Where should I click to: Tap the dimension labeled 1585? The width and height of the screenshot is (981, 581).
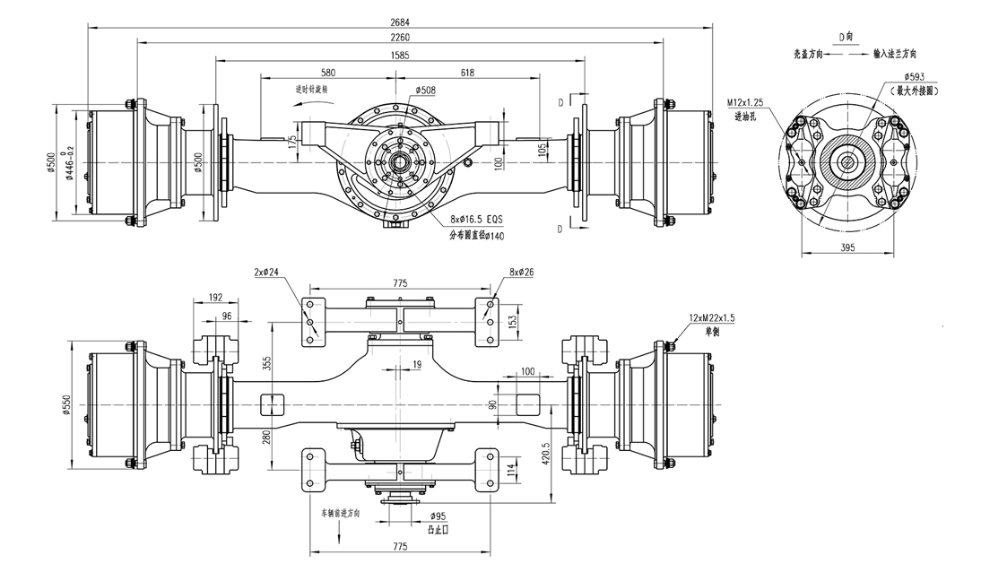[401, 55]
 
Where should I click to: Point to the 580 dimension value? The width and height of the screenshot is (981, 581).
[327, 72]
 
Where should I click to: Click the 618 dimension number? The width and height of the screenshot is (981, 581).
[466, 72]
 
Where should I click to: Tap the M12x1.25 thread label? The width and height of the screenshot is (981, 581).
[745, 105]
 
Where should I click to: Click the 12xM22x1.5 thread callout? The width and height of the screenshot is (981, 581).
[714, 318]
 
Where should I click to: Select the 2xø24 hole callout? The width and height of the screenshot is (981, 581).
[267, 272]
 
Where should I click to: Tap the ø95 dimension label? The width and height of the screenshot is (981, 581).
[438, 516]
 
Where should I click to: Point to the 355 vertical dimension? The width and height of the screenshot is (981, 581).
[266, 362]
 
